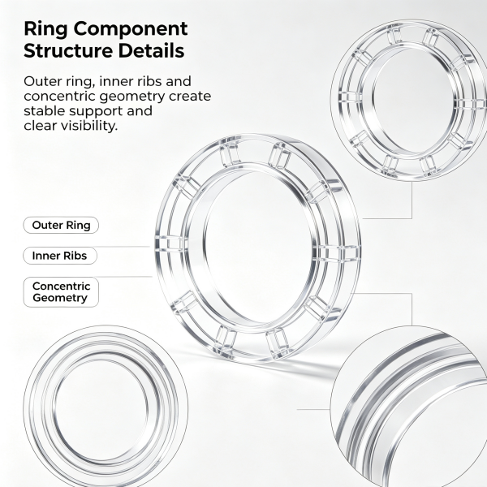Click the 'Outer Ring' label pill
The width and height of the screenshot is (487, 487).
(61, 225)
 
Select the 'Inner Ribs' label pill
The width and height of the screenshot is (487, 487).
(60, 256)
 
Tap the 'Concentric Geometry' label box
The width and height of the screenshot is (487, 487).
(61, 292)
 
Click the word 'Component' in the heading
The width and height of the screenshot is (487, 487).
(131, 30)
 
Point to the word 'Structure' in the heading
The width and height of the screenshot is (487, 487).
(68, 50)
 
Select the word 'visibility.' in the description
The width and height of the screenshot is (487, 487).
(88, 126)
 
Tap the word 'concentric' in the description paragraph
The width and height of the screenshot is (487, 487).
(61, 97)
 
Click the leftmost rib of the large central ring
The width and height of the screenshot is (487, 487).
(171, 243)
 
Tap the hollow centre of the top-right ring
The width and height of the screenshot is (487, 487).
(413, 100)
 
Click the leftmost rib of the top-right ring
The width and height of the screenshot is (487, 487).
(350, 97)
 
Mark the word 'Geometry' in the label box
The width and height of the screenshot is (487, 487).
(60, 298)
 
